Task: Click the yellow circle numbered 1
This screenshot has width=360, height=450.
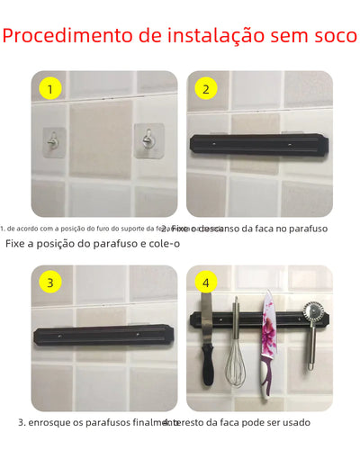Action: pyautogui.click(x=51, y=89)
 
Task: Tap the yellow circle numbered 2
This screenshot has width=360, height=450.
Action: pyautogui.click(x=205, y=89)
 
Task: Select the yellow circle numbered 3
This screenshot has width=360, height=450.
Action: pyautogui.click(x=51, y=283)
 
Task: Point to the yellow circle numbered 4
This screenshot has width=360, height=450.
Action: pyautogui.click(x=205, y=283)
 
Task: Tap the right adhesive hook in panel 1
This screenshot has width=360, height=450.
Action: pyautogui.click(x=147, y=139)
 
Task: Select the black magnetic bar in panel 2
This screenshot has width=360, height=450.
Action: pyautogui.click(x=243, y=142)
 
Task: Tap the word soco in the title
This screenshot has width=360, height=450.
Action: pyautogui.click(x=336, y=37)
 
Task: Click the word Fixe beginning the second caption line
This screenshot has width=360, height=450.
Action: pyautogui.click(x=17, y=244)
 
